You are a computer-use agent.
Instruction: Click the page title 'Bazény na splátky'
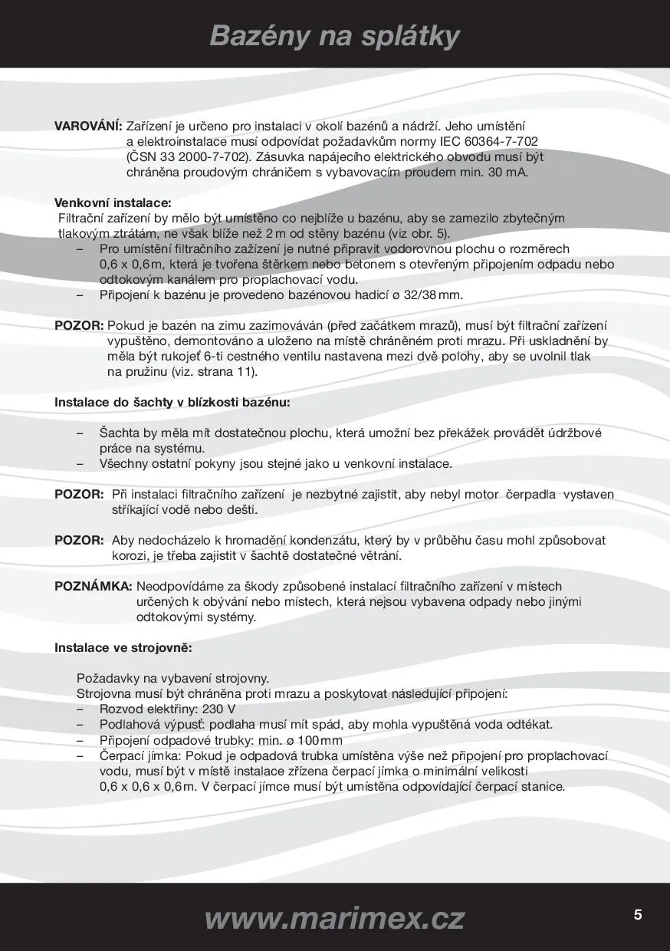[x=335, y=36]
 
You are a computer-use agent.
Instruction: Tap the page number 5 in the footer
[x=638, y=915]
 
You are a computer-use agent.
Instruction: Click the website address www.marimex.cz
[x=335, y=917]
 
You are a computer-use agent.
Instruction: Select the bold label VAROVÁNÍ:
[x=88, y=125]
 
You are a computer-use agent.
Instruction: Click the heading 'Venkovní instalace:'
[x=113, y=203]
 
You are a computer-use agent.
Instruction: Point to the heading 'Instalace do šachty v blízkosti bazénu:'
[x=172, y=402]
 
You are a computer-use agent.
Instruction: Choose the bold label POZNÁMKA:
[x=94, y=587]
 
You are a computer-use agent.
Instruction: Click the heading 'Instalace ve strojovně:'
[x=123, y=647]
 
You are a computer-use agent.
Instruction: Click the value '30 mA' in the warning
[x=507, y=172]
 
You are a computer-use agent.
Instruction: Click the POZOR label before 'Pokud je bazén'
[x=79, y=325]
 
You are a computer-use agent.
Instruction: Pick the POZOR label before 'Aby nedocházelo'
[x=79, y=540]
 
